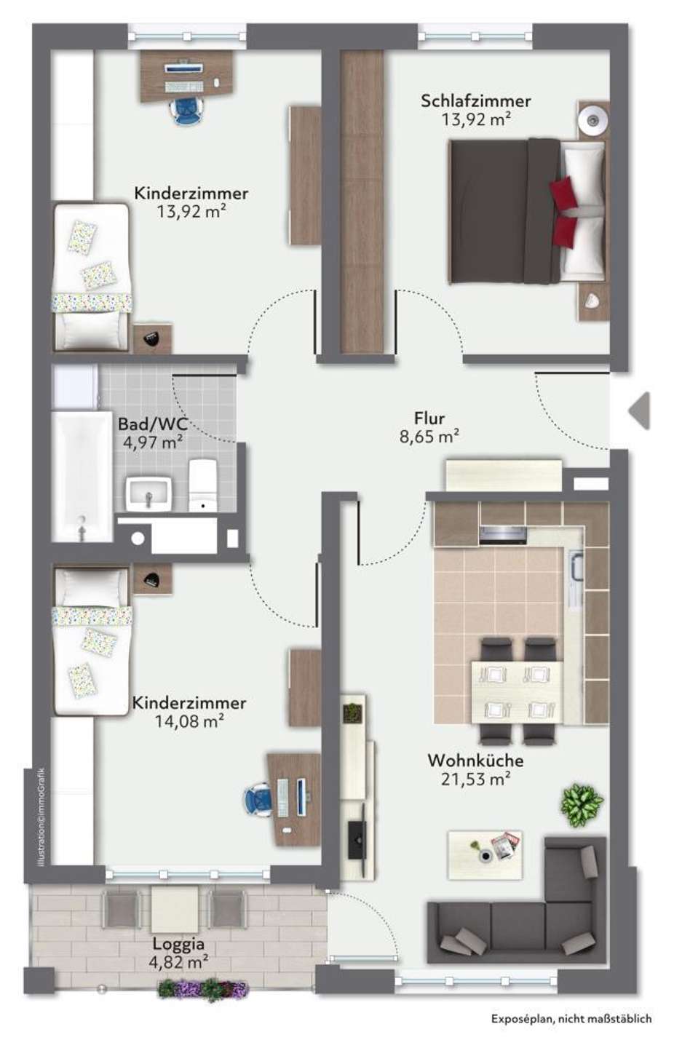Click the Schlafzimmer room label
tap(475, 101)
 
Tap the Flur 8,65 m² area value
tap(429, 437)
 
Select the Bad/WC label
tap(153, 424)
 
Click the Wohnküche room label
tap(475, 761)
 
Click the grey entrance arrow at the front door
tap(639, 410)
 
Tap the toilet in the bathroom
tap(202, 485)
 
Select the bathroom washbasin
tap(148, 493)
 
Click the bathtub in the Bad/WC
tap(82, 476)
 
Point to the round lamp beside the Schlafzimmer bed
tap(593, 120)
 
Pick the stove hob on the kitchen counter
tap(503, 535)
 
